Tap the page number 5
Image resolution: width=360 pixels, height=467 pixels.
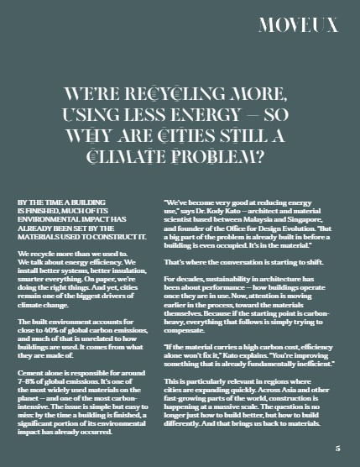(x=337, y=448)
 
